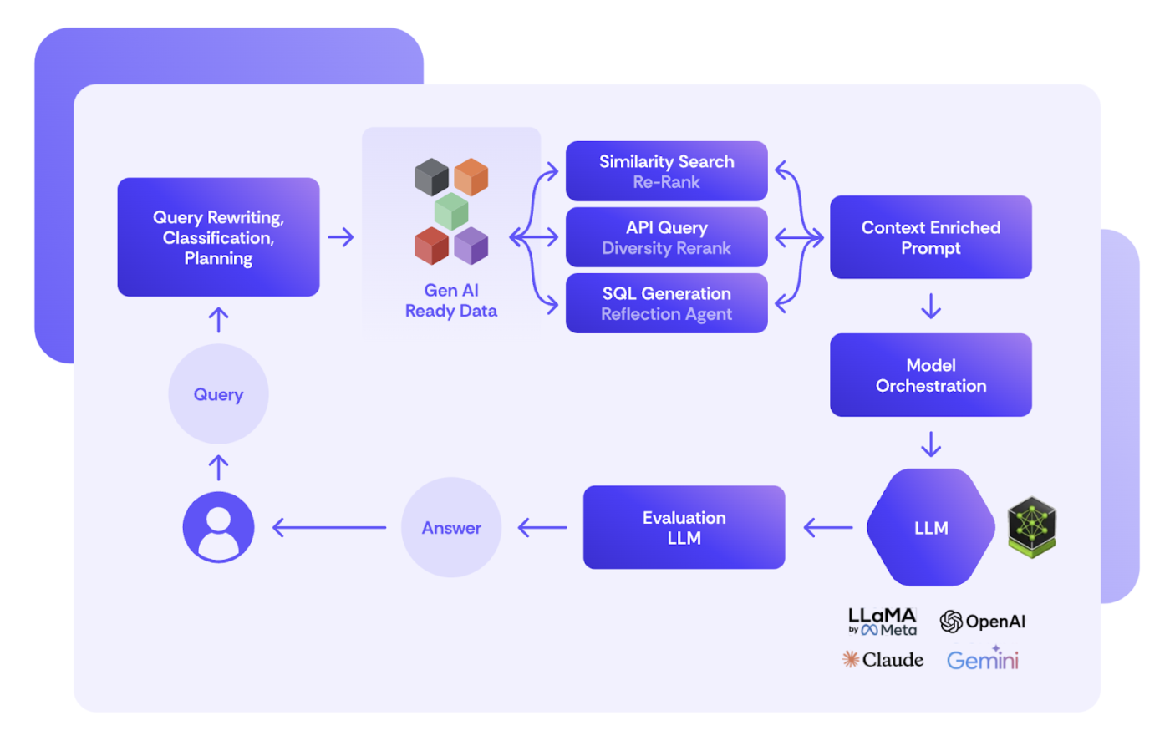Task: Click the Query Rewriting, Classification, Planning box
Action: click(x=218, y=237)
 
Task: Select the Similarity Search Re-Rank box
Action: click(x=666, y=171)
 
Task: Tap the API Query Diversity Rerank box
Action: click(x=666, y=237)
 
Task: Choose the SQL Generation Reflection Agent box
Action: click(x=666, y=303)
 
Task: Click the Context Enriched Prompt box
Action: click(x=930, y=237)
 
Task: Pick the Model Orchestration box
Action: click(x=930, y=375)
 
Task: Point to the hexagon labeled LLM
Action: click(x=930, y=528)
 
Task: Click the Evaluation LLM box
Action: click(x=684, y=528)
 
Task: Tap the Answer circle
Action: click(x=451, y=528)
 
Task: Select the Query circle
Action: click(x=218, y=394)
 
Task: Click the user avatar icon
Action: click(x=218, y=527)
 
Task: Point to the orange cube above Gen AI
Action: click(x=471, y=176)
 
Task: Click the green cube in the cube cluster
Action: click(x=451, y=211)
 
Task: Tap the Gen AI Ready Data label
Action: click(x=451, y=301)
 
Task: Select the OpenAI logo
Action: click(x=982, y=622)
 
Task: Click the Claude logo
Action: click(x=883, y=660)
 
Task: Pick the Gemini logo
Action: click(x=983, y=660)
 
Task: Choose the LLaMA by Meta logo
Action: click(x=883, y=622)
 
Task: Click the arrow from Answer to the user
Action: click(x=329, y=528)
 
